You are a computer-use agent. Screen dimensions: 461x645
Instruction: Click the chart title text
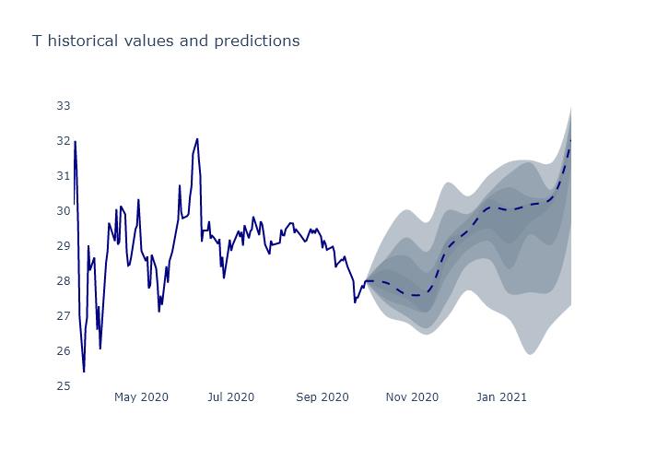tap(166, 41)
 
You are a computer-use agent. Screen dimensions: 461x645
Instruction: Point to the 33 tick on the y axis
tap(64, 106)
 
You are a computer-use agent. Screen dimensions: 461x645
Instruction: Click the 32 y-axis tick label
tap(64, 141)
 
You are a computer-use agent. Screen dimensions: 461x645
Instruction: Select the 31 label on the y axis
tap(64, 176)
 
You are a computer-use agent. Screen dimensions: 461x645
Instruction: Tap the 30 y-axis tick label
tap(64, 211)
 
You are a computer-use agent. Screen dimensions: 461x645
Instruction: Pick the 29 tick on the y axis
tap(64, 246)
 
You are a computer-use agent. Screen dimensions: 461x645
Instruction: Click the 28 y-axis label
tap(64, 281)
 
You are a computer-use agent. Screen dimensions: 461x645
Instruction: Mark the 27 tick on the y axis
tap(64, 316)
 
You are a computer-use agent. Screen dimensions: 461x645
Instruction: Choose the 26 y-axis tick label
tap(64, 351)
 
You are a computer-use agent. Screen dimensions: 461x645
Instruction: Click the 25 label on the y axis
tap(64, 386)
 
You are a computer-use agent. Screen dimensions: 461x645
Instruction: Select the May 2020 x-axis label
tap(141, 397)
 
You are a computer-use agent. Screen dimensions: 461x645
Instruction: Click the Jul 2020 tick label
tap(230, 397)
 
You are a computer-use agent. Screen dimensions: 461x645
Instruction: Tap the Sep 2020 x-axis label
tap(322, 397)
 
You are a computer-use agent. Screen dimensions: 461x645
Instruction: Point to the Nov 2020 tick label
tap(412, 397)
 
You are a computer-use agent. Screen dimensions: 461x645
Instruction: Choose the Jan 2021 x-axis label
tap(501, 397)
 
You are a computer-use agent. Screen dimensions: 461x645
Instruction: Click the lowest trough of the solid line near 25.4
tap(84, 372)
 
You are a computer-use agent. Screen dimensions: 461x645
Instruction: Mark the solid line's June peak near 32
tap(197, 139)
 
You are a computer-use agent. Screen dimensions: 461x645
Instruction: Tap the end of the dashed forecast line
tap(571, 140)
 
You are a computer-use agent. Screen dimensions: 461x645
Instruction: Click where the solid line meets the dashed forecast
tap(366, 281)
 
